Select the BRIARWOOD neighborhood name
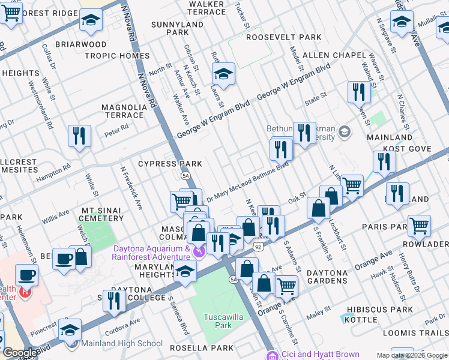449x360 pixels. tap(81, 44)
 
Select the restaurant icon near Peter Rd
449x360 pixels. tap(79, 136)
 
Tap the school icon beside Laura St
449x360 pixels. tap(223, 74)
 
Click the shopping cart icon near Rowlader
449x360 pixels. tap(419, 226)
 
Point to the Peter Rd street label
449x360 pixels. tap(116, 128)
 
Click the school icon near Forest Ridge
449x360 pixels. tap(91, 20)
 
